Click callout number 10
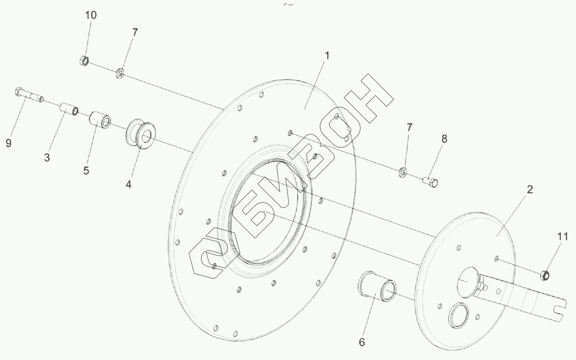pos(91,15)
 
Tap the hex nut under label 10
pos(84,61)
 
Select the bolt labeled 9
pos(29,95)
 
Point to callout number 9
pos(9,143)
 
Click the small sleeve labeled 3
pos(69,109)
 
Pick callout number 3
pos(47,158)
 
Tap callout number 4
pos(128,184)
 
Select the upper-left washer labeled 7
pos(120,73)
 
